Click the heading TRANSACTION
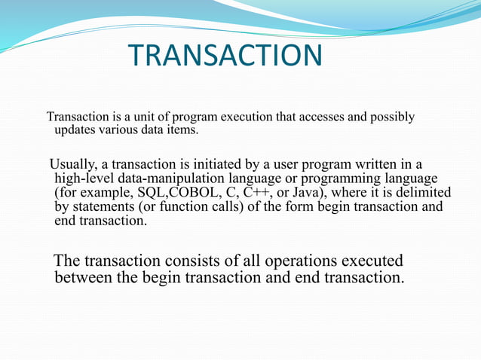tap(225, 55)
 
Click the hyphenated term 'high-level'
tap(84, 179)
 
